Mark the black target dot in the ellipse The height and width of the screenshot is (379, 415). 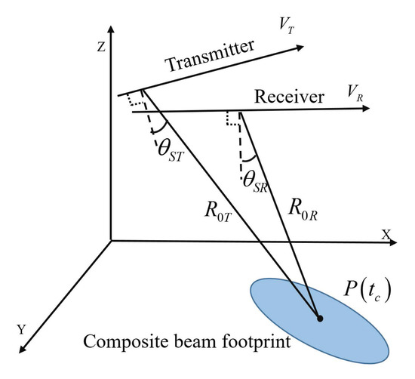pyautogui.click(x=321, y=319)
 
